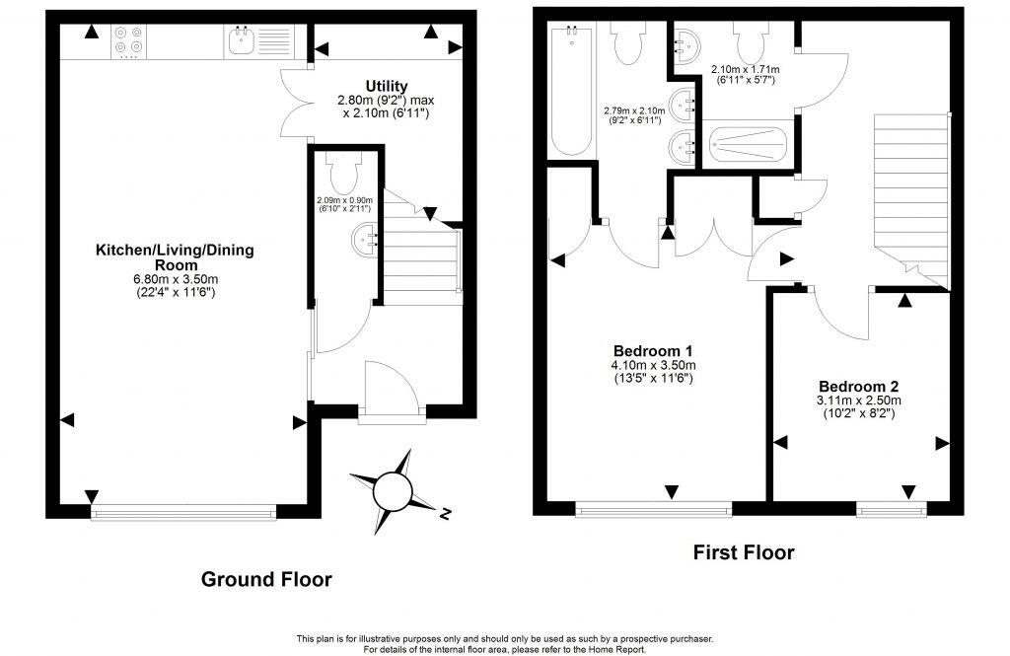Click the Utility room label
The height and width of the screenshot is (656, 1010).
coord(386,86)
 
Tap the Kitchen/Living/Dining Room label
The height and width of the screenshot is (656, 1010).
coord(174,257)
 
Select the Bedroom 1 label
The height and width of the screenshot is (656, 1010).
coord(653,351)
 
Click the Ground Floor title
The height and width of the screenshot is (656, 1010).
coord(266,579)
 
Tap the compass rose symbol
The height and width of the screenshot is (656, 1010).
coord(393,489)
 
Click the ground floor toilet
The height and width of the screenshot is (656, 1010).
coord(345,175)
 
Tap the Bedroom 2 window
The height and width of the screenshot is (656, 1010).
coord(891,509)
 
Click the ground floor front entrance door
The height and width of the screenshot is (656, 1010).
coord(392,395)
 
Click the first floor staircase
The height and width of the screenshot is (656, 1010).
coord(910,197)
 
